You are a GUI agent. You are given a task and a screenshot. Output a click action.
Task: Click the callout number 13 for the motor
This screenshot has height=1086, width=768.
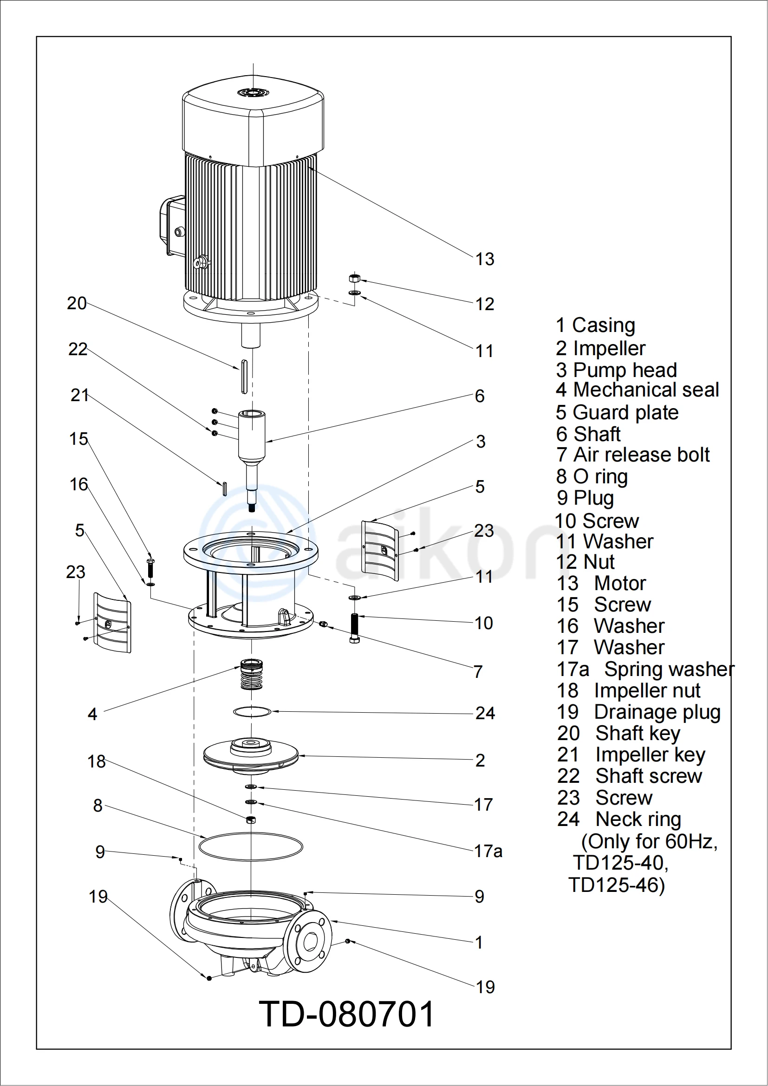485,259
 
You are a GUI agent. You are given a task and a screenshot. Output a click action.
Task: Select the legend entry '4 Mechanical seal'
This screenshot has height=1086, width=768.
637,390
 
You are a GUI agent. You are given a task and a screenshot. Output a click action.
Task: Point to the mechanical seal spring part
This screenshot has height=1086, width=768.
252,675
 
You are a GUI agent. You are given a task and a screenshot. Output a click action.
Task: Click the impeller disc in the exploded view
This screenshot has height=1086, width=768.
251,755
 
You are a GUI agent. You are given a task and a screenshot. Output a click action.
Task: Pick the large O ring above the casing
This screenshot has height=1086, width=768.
251,847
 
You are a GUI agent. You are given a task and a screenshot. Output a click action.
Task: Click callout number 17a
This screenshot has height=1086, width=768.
488,852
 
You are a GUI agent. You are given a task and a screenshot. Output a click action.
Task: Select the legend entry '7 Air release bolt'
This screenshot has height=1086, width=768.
633,455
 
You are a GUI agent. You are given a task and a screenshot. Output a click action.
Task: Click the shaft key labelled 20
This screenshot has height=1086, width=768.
244,377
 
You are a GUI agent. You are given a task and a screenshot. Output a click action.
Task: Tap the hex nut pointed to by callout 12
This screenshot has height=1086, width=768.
354,278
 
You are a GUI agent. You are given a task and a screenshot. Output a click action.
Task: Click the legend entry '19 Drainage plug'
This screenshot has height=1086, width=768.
638,712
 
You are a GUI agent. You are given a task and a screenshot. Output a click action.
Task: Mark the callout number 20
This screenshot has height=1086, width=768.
77,303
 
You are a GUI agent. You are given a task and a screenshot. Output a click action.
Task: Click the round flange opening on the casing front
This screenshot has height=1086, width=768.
310,943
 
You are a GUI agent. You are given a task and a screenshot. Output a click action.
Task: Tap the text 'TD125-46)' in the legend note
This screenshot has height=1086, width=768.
616,885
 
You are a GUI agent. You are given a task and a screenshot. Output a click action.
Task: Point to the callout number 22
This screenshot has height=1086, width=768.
78,350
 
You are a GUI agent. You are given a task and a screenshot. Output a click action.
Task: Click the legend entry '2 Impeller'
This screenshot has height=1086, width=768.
600,349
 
